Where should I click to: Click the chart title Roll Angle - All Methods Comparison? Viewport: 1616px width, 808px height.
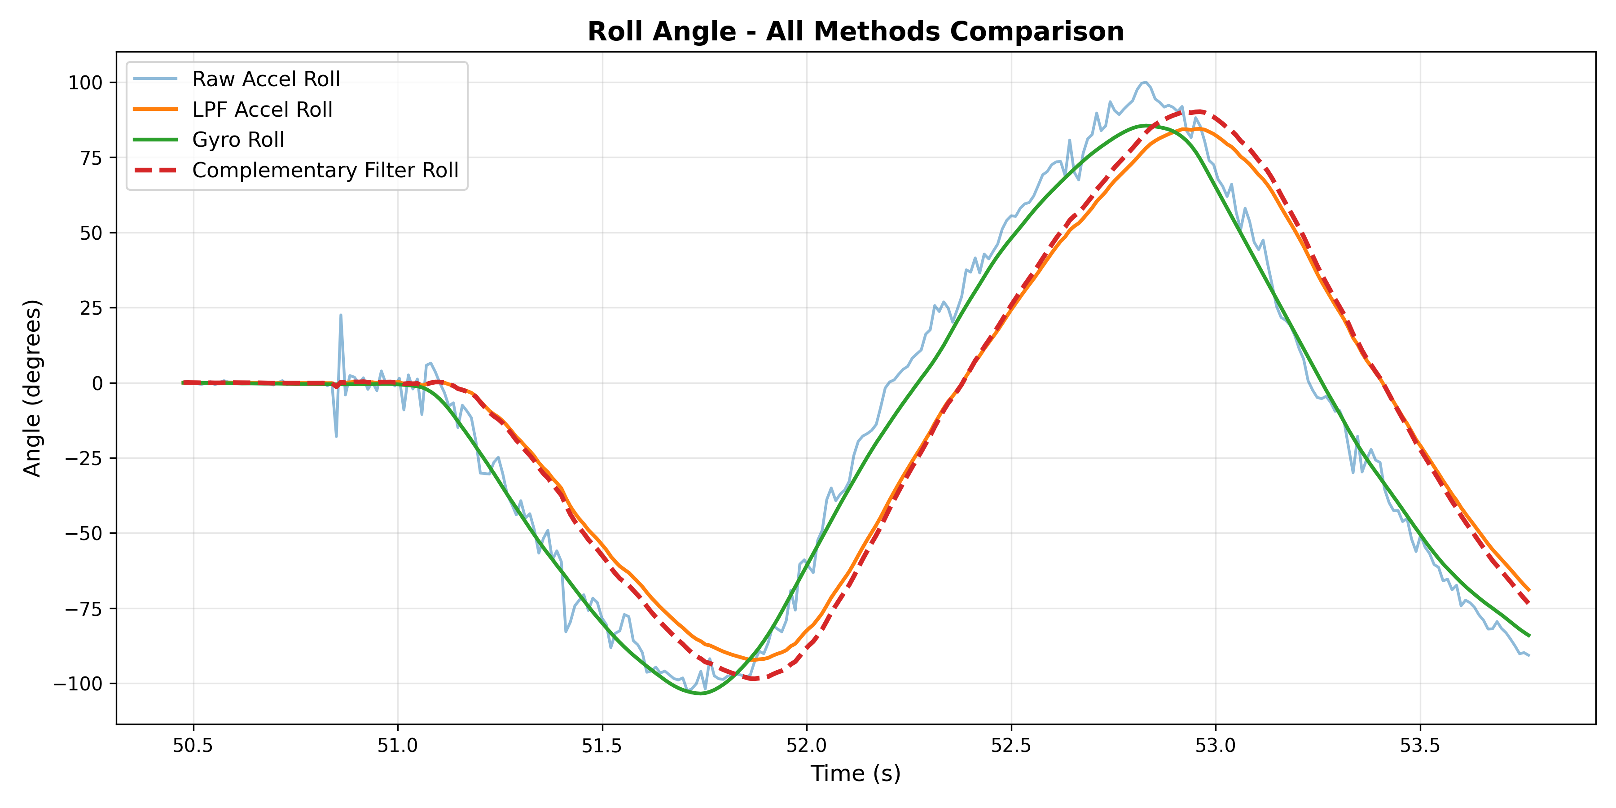click(x=855, y=31)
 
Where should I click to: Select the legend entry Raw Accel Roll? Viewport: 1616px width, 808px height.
click(x=266, y=79)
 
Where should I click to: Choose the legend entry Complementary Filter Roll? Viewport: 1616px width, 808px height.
click(x=325, y=170)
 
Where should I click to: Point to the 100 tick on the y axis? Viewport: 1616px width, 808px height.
click(x=85, y=82)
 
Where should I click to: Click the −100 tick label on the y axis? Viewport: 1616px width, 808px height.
click(x=78, y=684)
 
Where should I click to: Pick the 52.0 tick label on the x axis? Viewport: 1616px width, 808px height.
click(x=807, y=746)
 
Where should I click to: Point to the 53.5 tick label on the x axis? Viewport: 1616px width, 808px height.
click(x=1420, y=746)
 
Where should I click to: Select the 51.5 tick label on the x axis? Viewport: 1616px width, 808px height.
click(x=602, y=746)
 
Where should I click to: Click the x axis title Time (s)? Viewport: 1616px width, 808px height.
click(x=855, y=773)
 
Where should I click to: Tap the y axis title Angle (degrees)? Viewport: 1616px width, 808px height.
click(x=33, y=388)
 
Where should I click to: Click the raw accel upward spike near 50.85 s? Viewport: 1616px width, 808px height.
click(x=341, y=316)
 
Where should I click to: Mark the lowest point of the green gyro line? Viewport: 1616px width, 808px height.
click(x=701, y=693)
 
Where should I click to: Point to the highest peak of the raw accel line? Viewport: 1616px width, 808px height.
click(x=1146, y=82)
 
